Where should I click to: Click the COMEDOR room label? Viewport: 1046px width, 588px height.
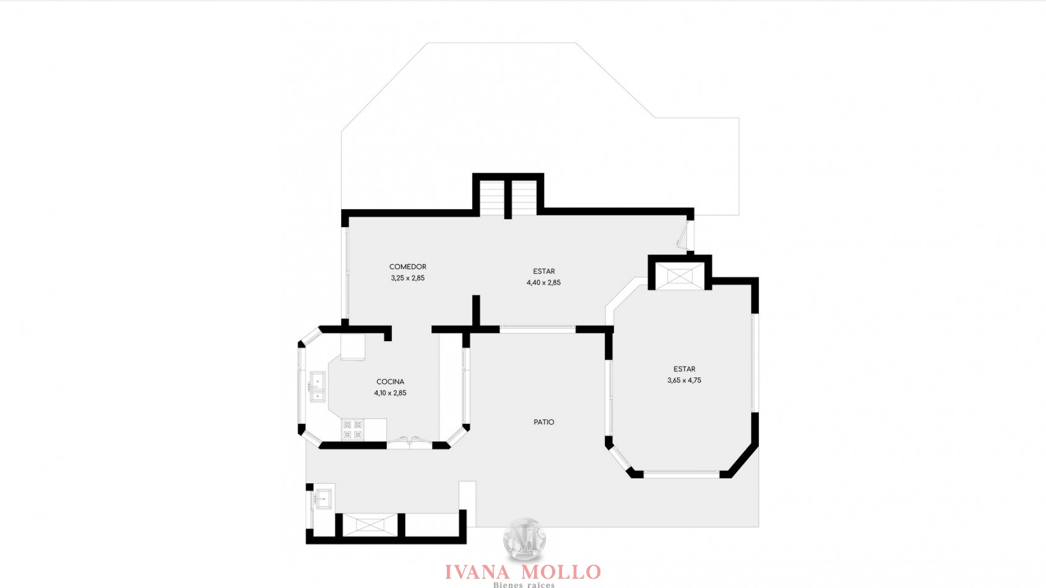(x=408, y=267)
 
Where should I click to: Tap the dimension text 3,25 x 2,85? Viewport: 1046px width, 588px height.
(x=408, y=278)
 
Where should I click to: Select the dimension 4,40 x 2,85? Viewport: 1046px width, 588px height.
(x=543, y=283)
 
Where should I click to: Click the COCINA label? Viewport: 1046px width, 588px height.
(x=390, y=382)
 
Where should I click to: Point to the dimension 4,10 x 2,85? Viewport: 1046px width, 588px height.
(x=390, y=393)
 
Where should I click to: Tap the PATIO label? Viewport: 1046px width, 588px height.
(x=544, y=422)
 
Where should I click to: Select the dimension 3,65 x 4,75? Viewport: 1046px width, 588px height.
(x=684, y=380)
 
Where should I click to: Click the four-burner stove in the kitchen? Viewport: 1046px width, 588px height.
(x=353, y=430)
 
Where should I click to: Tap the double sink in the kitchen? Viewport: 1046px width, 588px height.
(x=318, y=386)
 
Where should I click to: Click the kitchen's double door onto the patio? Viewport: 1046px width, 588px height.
(x=410, y=441)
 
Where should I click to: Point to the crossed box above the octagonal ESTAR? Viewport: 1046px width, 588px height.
(x=680, y=276)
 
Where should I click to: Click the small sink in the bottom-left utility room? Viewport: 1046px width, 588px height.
(x=322, y=498)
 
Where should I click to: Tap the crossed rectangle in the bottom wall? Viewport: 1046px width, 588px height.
(x=370, y=525)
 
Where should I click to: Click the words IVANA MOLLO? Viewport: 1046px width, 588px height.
(x=522, y=572)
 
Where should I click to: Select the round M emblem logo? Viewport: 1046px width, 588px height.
(x=524, y=540)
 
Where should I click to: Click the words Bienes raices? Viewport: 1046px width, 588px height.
(x=524, y=585)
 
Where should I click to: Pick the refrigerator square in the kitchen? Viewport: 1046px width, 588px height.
(x=353, y=347)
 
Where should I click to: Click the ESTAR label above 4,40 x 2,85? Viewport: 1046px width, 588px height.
(x=544, y=271)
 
